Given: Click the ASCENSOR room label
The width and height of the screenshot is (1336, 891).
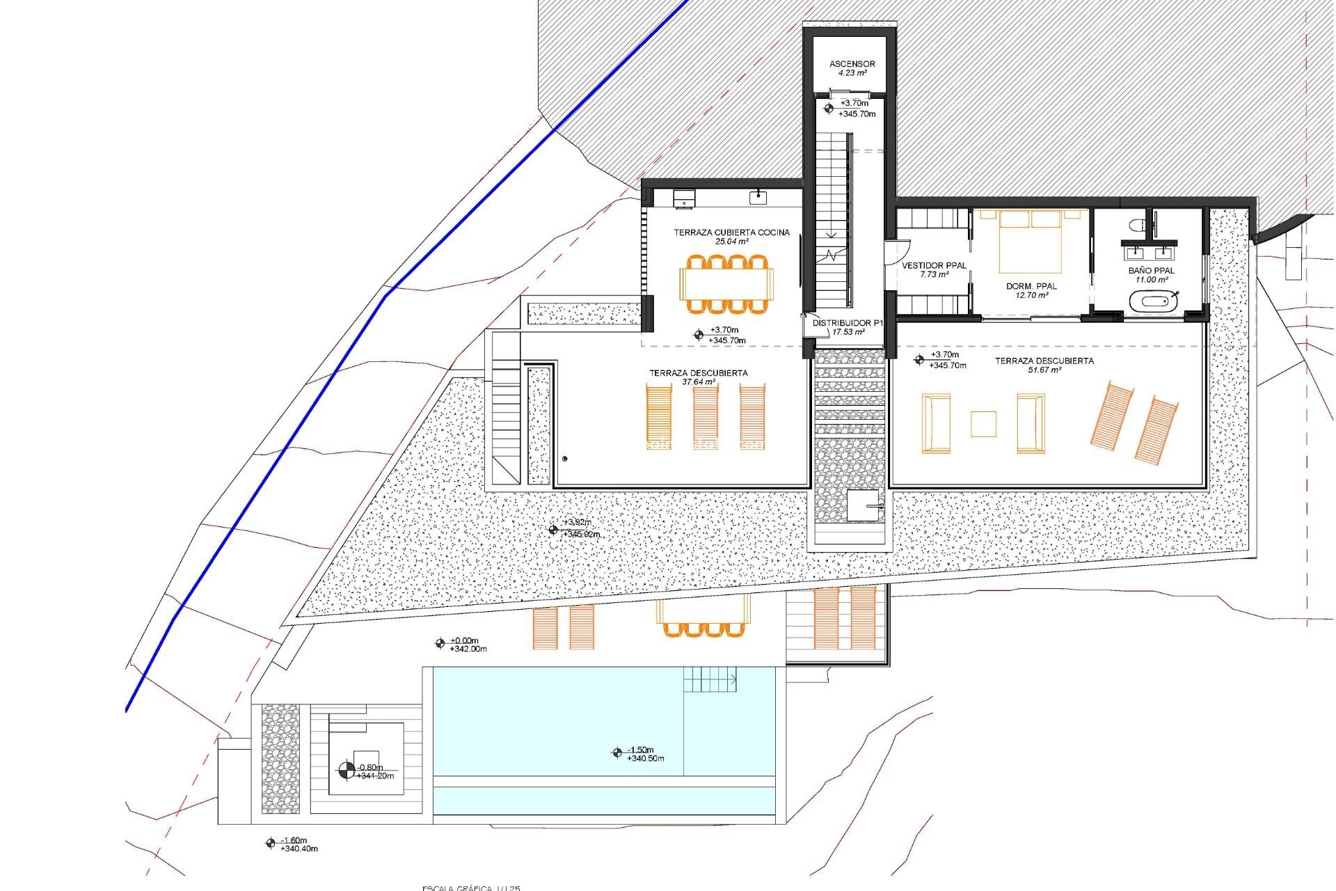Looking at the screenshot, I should (852, 64).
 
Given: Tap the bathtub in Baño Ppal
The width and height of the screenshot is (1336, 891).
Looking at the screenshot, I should (1152, 302).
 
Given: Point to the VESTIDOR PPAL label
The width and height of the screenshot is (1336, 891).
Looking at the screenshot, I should (934, 265).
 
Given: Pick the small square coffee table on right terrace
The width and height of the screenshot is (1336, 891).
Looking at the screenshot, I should (983, 423).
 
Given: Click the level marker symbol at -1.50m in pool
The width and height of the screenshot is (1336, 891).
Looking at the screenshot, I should (617, 752).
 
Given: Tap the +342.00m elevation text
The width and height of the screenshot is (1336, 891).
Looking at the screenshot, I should (468, 649).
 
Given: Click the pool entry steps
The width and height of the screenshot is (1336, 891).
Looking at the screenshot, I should (710, 679).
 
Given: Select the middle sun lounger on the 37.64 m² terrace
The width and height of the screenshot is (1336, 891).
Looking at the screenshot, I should (706, 418).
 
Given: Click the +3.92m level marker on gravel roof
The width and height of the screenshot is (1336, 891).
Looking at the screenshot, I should (553, 530).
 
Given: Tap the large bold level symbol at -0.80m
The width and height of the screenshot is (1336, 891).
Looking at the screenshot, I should (346, 771).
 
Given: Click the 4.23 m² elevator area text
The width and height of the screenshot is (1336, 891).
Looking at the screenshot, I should (852, 73).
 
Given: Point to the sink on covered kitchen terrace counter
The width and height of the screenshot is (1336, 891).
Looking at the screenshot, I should (758, 198).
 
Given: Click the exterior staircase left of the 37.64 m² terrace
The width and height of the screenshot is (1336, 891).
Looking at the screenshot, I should (506, 425).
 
